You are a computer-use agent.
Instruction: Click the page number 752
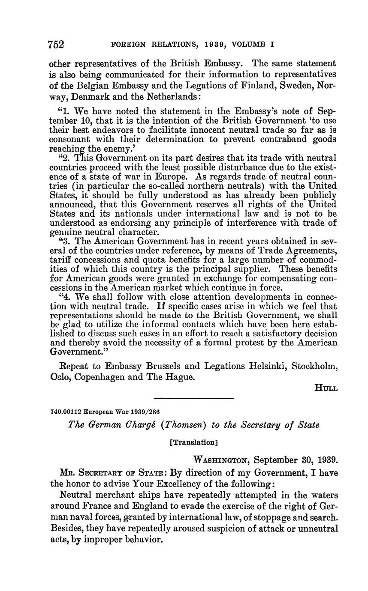point(57,45)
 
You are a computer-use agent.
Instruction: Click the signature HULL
point(326,388)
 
